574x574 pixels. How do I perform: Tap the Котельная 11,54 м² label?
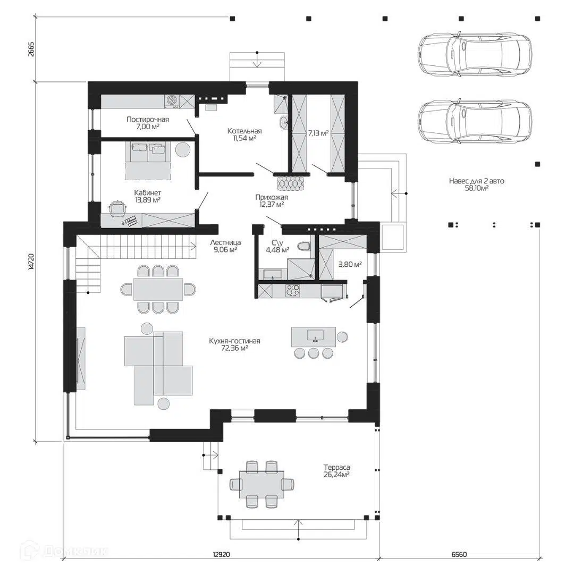tap(244, 134)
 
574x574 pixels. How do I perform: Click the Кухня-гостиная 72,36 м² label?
tap(235, 344)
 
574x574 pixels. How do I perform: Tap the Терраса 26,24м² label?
tap(336, 471)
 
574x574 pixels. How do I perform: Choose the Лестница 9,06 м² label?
tap(225, 246)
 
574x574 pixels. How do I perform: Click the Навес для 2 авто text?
tap(477, 181)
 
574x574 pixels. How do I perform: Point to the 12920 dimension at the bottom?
tap(221, 554)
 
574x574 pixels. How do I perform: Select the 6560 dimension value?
tap(459, 554)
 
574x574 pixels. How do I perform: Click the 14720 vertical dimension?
tap(31, 261)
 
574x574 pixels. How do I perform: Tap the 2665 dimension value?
tap(31, 49)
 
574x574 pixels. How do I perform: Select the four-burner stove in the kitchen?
tap(292, 290)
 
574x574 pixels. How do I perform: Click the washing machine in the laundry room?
tap(172, 101)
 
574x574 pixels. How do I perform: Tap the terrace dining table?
tap(261, 484)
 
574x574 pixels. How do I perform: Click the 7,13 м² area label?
tap(318, 133)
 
